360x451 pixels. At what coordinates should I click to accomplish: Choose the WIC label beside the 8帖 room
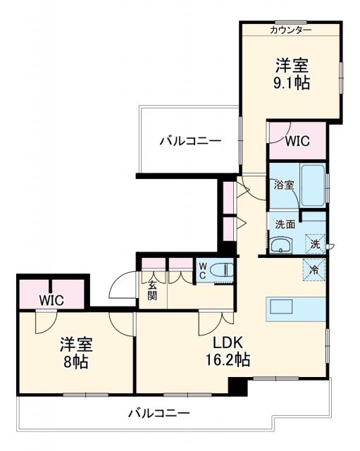point(51,299)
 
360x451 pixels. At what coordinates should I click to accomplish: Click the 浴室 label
point(283,185)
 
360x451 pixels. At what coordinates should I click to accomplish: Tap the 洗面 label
point(285,225)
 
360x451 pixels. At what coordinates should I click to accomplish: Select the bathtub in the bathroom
point(313,185)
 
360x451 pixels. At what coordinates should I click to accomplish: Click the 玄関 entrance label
point(152,291)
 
